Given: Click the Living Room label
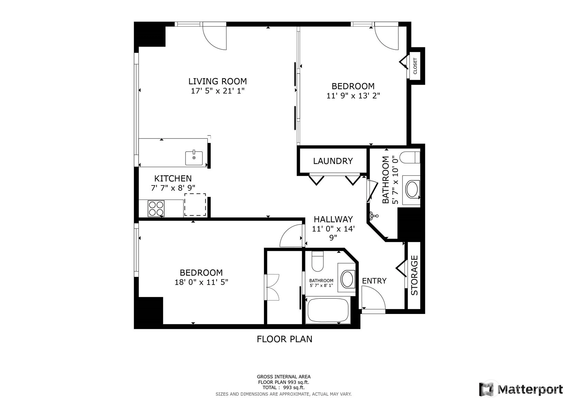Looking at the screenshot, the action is pyautogui.click(x=217, y=81).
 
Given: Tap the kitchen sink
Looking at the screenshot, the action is pyautogui.click(x=194, y=158).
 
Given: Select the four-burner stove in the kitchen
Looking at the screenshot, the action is pyautogui.click(x=156, y=209).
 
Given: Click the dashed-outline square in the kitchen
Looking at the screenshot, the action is pyautogui.click(x=195, y=204).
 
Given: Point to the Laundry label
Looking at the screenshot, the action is pyautogui.click(x=333, y=161).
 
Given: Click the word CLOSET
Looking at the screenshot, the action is pyautogui.click(x=415, y=66).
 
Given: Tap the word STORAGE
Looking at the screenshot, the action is pyautogui.click(x=414, y=275).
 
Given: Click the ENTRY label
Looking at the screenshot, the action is pyautogui.click(x=374, y=281).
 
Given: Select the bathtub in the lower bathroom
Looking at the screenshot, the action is pyautogui.click(x=328, y=310).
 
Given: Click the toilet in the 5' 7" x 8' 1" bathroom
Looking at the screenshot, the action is pyautogui.click(x=317, y=261).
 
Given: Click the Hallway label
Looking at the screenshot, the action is pyautogui.click(x=333, y=219).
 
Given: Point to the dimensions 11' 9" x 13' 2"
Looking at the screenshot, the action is pyautogui.click(x=353, y=96).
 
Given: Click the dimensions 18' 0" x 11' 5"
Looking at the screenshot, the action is pyautogui.click(x=201, y=282).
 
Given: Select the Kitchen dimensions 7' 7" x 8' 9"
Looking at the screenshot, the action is pyautogui.click(x=173, y=188).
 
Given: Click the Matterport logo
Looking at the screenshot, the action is pyautogui.click(x=521, y=389).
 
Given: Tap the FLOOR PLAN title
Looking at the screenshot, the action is pyautogui.click(x=285, y=339).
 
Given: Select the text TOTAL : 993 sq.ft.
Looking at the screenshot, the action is pyautogui.click(x=284, y=387).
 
